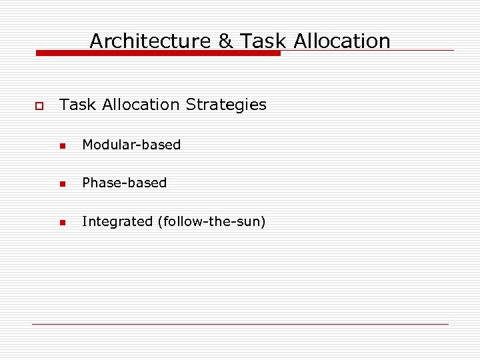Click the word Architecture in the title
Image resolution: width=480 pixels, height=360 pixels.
[x=151, y=41]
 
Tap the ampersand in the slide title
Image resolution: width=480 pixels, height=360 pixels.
[x=225, y=41]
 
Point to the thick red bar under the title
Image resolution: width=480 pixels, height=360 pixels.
[x=158, y=53]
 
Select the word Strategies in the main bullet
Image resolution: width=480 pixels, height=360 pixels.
[x=226, y=105]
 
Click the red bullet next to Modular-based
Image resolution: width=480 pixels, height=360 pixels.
[x=62, y=146]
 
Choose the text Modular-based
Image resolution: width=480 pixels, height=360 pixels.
[x=131, y=145]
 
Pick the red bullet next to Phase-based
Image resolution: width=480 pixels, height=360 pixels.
[x=62, y=184]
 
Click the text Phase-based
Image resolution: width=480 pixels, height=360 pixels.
[x=124, y=183]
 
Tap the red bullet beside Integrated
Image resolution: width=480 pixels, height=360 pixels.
[x=62, y=223]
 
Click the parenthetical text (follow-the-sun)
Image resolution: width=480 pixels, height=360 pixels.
[x=211, y=221]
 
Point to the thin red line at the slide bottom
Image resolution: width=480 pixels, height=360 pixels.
[x=240, y=324]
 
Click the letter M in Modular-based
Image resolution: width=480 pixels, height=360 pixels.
[x=87, y=145]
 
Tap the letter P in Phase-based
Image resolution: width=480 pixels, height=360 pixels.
[x=85, y=183]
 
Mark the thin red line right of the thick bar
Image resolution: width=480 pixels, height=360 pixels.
[x=367, y=50]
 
